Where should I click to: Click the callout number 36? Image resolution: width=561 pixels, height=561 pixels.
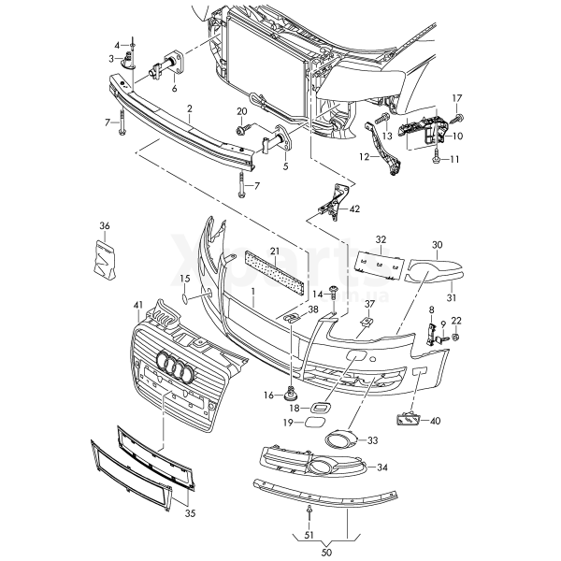(x=105, y=225)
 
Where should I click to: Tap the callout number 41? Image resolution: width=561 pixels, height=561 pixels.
(x=138, y=306)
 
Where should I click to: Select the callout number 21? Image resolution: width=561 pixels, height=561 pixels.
(x=275, y=252)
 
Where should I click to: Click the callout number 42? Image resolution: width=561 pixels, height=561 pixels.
(x=354, y=209)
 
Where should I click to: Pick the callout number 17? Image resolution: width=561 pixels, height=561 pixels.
(x=457, y=98)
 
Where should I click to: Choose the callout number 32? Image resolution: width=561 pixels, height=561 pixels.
(x=381, y=240)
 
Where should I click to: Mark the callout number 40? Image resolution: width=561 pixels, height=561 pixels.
(x=435, y=422)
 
